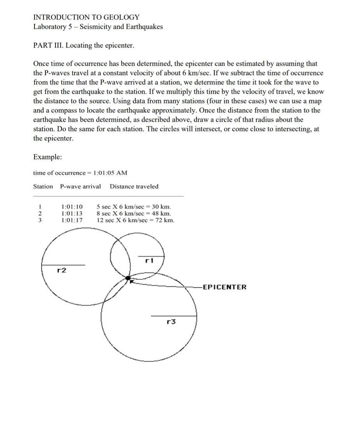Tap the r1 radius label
click(149, 261)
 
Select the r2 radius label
click(61, 270)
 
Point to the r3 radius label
click(171, 321)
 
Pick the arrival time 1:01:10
click(72, 206)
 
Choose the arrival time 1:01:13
click(72, 213)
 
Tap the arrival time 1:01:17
click(72, 220)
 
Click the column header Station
click(43, 187)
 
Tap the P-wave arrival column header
click(80, 187)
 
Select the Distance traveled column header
click(134, 187)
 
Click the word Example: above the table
click(47, 157)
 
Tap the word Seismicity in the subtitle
click(95, 27)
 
